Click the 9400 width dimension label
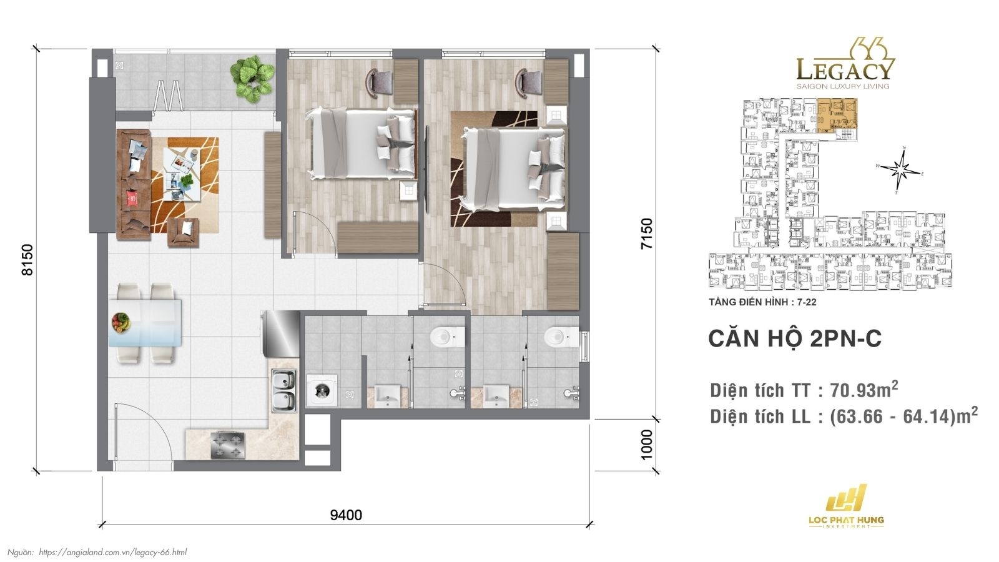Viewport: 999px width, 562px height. [x=346, y=515]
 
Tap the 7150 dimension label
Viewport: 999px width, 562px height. [x=647, y=234]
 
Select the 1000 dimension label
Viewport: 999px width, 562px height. [x=647, y=444]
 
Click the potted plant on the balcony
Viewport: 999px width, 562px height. [x=252, y=79]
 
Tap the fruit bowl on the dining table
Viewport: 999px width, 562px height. [x=121, y=322]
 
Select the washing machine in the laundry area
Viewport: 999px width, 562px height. [x=322, y=391]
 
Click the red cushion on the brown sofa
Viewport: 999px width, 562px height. [x=132, y=199]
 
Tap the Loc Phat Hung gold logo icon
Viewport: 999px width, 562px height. [x=846, y=499]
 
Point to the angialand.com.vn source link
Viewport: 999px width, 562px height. [x=112, y=552]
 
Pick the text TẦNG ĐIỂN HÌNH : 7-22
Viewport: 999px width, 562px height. [x=762, y=302]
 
